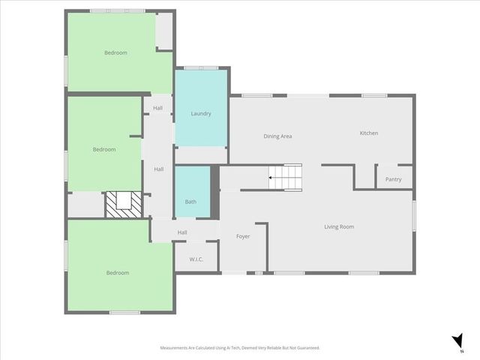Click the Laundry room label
tap(200, 114)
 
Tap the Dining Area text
tap(277, 136)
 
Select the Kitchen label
tap(368, 133)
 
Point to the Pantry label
tap(393, 179)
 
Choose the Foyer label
tap(242, 236)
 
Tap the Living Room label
tap(339, 226)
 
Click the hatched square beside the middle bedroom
tap(123, 204)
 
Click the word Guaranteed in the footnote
tap(306, 348)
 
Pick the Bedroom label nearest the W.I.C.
tap(117, 273)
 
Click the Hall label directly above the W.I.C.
tap(182, 232)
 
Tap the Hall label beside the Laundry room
tap(157, 108)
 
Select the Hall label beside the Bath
tap(159, 169)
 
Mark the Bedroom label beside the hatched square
tap(104, 149)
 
